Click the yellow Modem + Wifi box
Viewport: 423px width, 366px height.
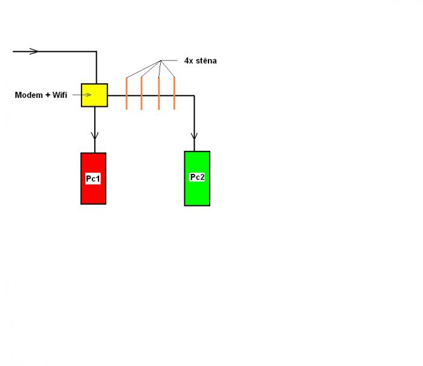pyautogui.click(x=94, y=95)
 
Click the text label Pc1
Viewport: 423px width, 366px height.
pyautogui.click(x=93, y=179)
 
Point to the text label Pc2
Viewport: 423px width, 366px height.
pyautogui.click(x=197, y=177)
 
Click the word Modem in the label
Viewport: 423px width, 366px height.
pyautogui.click(x=28, y=95)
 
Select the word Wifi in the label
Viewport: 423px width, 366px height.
pyautogui.click(x=60, y=95)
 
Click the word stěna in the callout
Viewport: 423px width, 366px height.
pyautogui.click(x=205, y=61)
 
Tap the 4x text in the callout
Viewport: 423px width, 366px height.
pyautogui.click(x=189, y=61)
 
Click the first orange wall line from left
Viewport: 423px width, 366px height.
pyautogui.click(x=127, y=93)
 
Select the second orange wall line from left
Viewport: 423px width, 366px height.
pyautogui.click(x=141, y=93)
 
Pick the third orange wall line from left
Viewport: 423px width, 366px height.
pyautogui.click(x=158, y=93)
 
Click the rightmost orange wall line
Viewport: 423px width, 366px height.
pyautogui.click(x=174, y=93)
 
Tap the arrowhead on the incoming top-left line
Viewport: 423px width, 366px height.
pyautogui.click(x=34, y=51)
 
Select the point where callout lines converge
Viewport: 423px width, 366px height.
pyautogui.click(x=161, y=61)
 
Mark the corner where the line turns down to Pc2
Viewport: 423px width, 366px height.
pyautogui.click(x=194, y=95)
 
